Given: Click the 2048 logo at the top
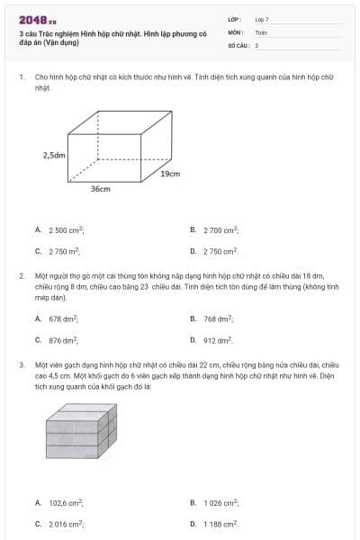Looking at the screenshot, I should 37,18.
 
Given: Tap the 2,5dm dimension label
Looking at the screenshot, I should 55,156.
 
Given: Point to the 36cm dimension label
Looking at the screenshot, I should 100,190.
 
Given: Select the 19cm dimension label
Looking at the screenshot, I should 171,173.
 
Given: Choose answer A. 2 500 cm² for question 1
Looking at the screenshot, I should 66,230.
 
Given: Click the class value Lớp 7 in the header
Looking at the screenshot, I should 262,18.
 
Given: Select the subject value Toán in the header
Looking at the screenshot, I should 261,31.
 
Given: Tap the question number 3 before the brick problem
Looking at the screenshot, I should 21,365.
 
